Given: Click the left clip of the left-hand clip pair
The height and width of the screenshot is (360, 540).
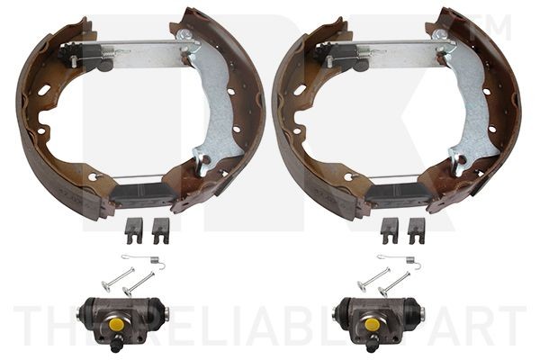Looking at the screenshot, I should (133, 230).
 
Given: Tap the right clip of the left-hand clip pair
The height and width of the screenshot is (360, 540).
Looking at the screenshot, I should (160, 230).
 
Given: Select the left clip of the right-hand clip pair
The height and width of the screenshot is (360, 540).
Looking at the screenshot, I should (389, 230).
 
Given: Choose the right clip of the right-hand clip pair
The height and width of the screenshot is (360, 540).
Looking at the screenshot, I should (416, 230).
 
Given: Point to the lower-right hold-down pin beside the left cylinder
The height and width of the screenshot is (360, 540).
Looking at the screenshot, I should (139, 284).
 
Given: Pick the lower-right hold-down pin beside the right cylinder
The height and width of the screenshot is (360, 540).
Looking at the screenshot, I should (395, 284).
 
